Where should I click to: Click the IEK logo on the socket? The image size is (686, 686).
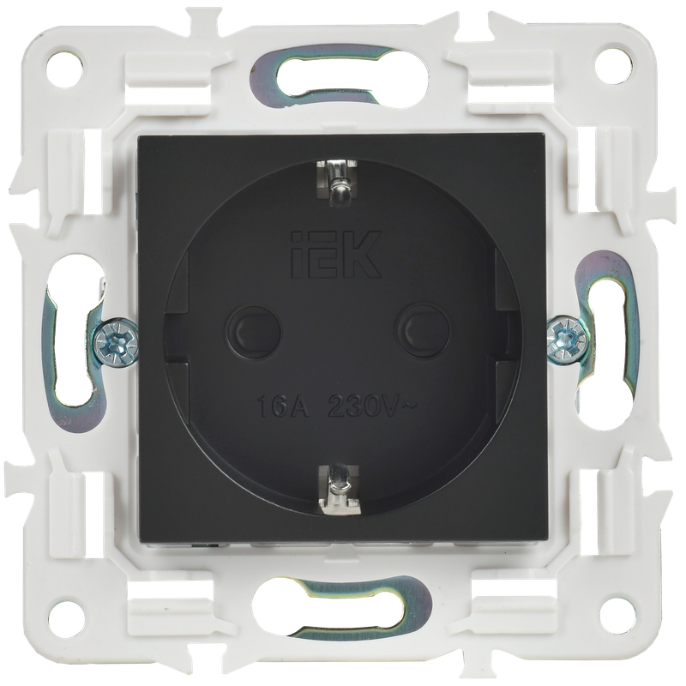coord(335,254)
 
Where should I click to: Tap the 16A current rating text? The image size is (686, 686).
coord(283,406)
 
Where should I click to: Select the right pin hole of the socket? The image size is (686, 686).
coord(422,332)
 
